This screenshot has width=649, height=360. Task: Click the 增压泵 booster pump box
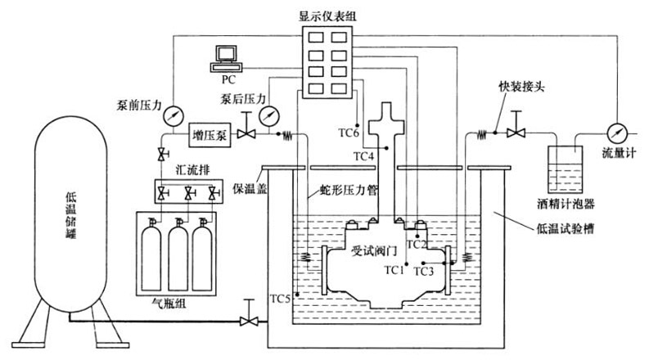pyautogui.click(x=208, y=135)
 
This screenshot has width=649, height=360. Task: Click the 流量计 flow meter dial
pyautogui.click(x=615, y=130)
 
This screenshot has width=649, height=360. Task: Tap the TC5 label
pyautogui.click(x=281, y=299)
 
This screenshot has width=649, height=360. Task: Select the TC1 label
pyautogui.click(x=394, y=269)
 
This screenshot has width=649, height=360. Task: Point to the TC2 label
pyautogui.click(x=417, y=244)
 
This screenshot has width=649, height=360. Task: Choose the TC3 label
pyautogui.click(x=424, y=270)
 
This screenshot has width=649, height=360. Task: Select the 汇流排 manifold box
pyautogui.click(x=189, y=193)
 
